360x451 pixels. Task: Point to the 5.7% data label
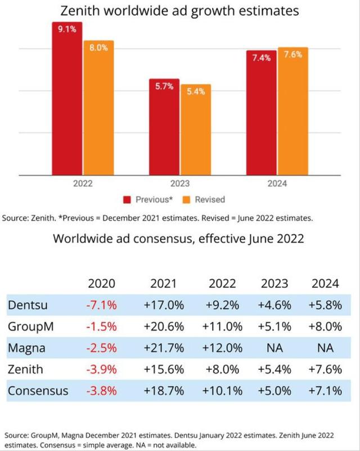[x=164, y=87]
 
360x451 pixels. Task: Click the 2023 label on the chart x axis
[x=179, y=184]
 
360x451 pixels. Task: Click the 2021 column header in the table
[x=164, y=284]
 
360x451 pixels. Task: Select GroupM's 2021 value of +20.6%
[x=164, y=327]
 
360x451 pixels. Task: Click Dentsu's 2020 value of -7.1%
[x=102, y=305]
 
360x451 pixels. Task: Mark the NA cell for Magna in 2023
[x=274, y=348]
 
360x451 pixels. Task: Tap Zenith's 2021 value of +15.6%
[x=164, y=369]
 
